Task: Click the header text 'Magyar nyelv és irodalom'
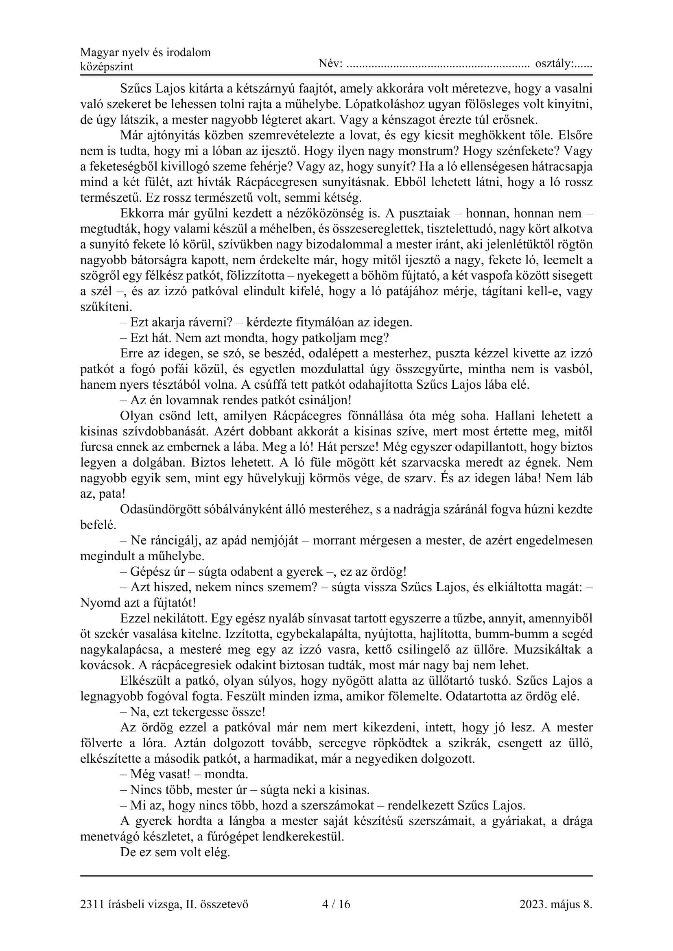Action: [x=145, y=52]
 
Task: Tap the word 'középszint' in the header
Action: [x=107, y=67]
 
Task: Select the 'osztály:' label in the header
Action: [x=554, y=64]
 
